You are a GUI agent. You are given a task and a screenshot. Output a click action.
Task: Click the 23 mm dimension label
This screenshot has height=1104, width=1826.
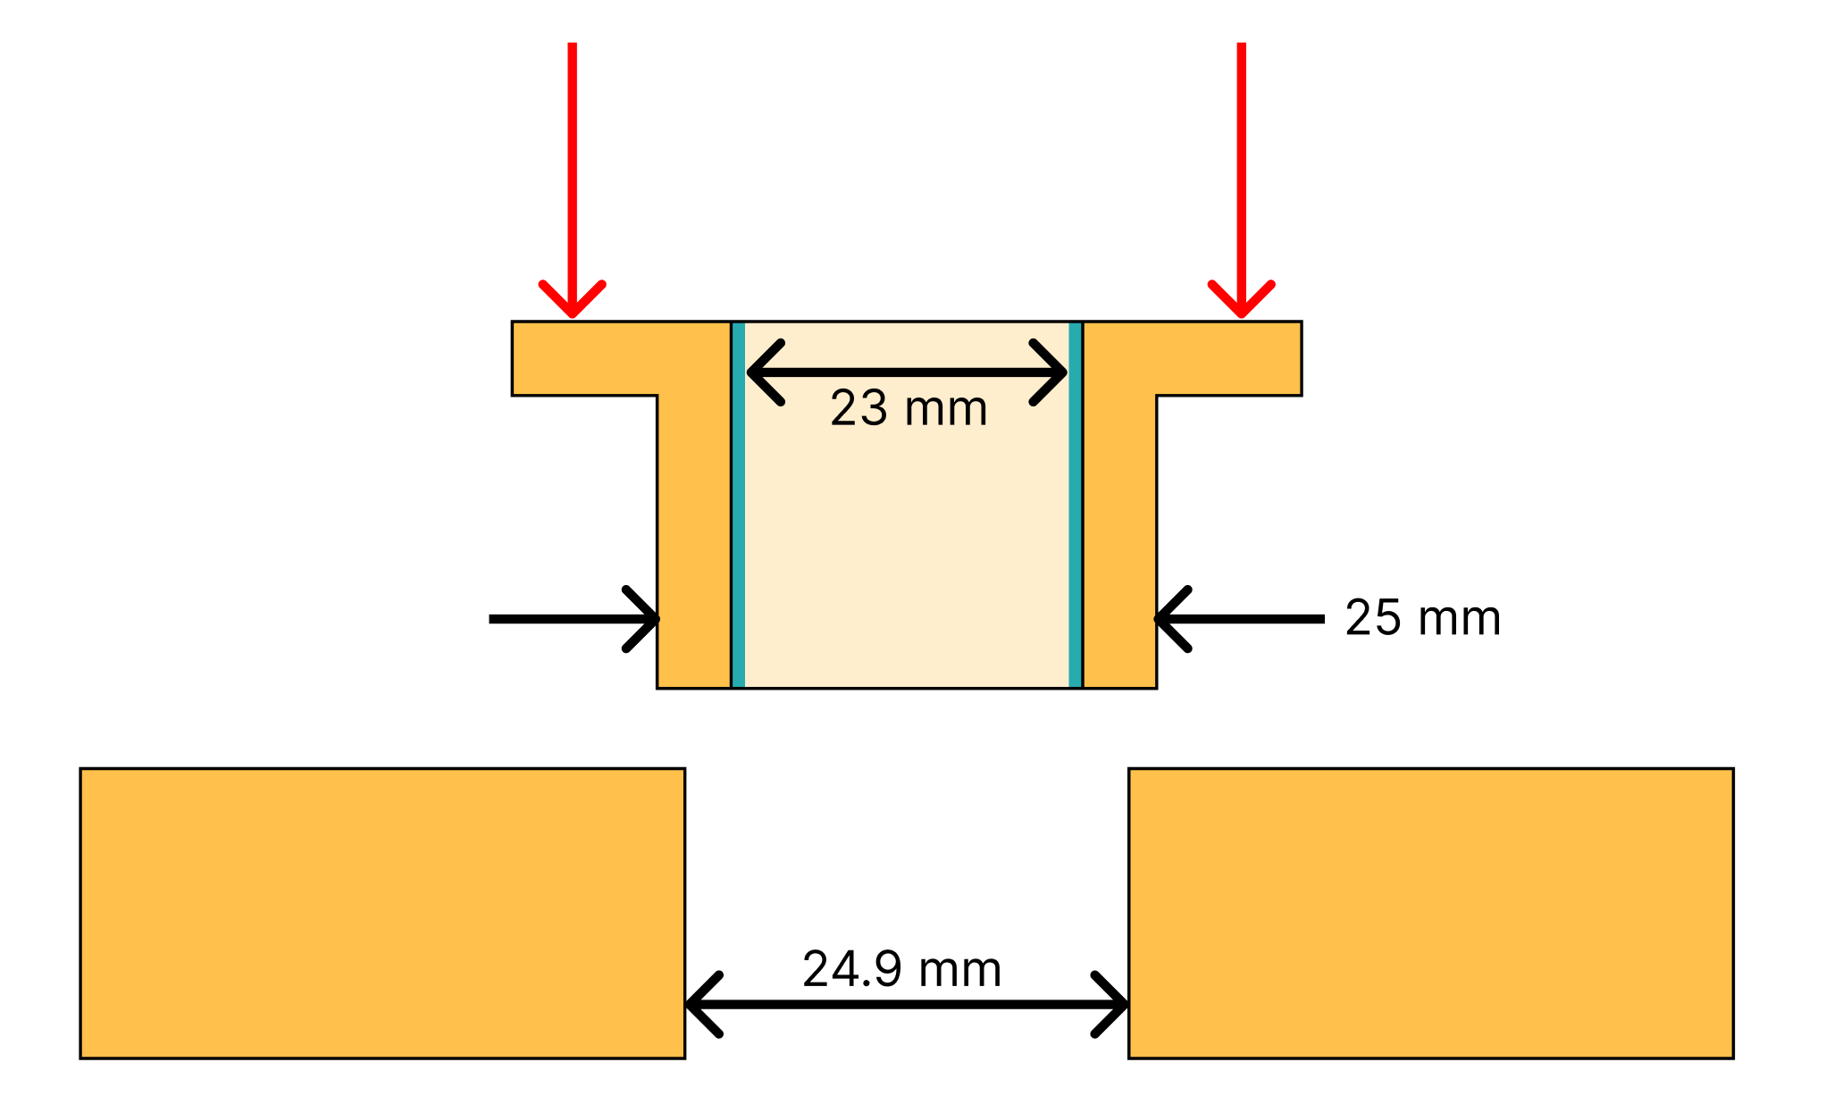click(908, 409)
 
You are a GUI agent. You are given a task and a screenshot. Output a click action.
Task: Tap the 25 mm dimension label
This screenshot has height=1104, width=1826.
click(1422, 618)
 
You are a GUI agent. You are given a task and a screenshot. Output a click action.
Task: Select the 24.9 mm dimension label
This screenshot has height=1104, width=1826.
click(901, 969)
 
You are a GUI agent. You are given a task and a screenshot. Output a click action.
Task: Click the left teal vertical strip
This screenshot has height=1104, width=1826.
click(738, 505)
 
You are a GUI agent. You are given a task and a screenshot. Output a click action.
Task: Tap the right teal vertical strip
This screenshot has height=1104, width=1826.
click(1076, 505)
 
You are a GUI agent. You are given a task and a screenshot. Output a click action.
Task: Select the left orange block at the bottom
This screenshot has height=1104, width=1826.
click(382, 913)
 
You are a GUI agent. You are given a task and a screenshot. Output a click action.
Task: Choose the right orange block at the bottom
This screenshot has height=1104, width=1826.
click(1430, 913)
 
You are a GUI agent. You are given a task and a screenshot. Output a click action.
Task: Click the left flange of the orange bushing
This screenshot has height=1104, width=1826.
click(585, 358)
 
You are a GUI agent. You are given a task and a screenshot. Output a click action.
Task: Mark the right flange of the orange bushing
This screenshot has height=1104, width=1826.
click(1228, 358)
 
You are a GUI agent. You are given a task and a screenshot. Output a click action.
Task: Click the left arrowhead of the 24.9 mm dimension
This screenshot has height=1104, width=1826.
click(700, 1005)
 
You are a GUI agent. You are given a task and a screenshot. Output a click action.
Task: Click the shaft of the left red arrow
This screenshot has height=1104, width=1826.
click(573, 161)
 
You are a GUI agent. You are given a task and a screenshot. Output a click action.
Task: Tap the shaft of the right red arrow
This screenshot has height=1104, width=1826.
click(1241, 161)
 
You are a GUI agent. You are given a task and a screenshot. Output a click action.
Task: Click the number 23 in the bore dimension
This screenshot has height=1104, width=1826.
click(859, 409)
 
